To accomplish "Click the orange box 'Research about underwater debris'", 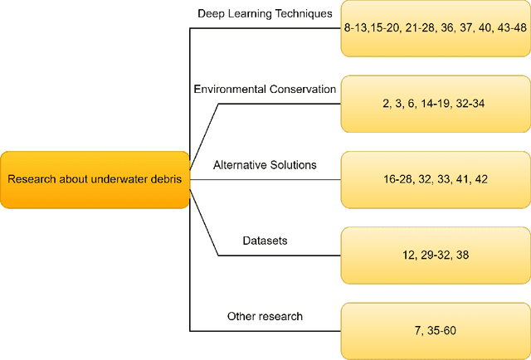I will (x=95, y=180).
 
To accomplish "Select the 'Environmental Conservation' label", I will (x=265, y=89).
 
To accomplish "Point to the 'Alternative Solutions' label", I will (x=265, y=165).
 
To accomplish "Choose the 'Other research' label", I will (x=265, y=316).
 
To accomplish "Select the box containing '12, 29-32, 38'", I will (x=435, y=255).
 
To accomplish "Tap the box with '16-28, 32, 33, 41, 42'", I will (x=435, y=180).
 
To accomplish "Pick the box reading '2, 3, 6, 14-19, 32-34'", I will (x=435, y=104).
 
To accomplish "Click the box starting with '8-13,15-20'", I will (x=435, y=28).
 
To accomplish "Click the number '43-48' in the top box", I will (x=509, y=28).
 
